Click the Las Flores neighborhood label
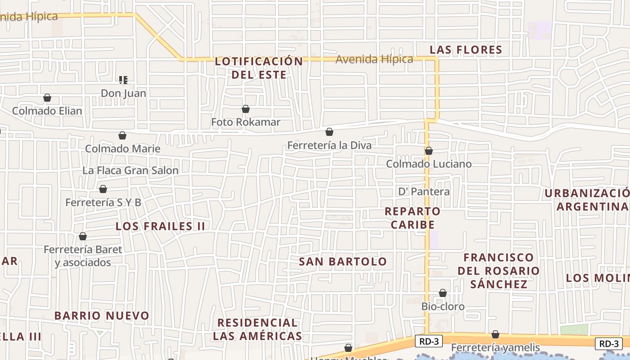coord(466,50)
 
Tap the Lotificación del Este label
coord(259,68)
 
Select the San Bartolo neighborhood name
coord(343,261)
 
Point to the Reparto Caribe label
coord(413,218)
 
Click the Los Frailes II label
coord(161,226)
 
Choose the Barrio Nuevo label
coord(102,315)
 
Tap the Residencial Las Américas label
coord(257,329)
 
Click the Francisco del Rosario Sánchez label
coord(499,271)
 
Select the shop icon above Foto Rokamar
coord(246,109)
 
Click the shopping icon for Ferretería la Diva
coord(329,132)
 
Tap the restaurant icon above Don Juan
coord(123,80)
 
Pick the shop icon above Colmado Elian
coord(47,98)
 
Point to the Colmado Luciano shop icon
coord(429,151)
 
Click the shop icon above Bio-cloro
coord(443,293)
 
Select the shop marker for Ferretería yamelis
coord(495,334)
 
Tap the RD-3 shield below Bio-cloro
coord(428,342)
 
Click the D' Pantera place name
coord(424,192)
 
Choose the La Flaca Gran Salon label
coord(130,171)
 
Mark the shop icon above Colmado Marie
coord(122,135)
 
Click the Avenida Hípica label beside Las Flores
coord(374,59)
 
